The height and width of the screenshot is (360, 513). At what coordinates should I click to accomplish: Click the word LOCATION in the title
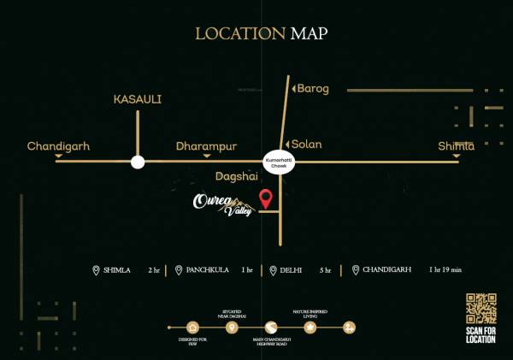[240, 33]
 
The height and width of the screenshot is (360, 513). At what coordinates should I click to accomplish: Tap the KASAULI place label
[138, 99]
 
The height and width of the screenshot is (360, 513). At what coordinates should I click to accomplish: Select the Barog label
[312, 88]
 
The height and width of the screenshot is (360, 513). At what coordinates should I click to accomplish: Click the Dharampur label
[206, 146]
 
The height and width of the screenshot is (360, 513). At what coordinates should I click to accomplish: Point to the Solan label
[307, 145]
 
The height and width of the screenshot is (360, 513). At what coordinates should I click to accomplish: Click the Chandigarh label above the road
[58, 146]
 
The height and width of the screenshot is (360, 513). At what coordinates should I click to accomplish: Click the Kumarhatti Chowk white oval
[278, 163]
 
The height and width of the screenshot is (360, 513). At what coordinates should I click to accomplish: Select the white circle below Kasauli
[138, 162]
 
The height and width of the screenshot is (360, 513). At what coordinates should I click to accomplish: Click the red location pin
[267, 198]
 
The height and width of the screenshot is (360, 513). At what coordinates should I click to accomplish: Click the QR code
[481, 309]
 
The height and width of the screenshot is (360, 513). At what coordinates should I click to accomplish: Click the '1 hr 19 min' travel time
[445, 270]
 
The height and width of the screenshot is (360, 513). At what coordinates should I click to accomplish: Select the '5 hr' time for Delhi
[325, 270]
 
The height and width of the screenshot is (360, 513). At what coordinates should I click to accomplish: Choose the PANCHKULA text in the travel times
[209, 270]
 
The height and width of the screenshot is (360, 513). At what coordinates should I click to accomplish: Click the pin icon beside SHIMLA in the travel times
[96, 270]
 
